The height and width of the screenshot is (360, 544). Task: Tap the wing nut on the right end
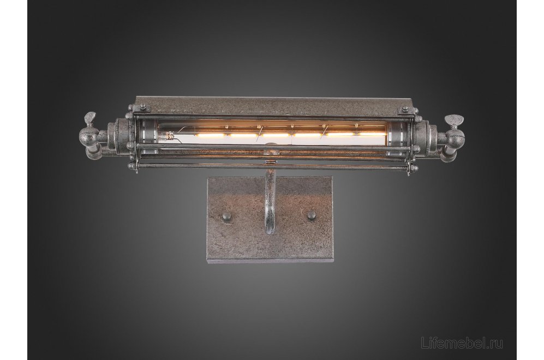454,121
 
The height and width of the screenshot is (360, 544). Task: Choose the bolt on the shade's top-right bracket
404,110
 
